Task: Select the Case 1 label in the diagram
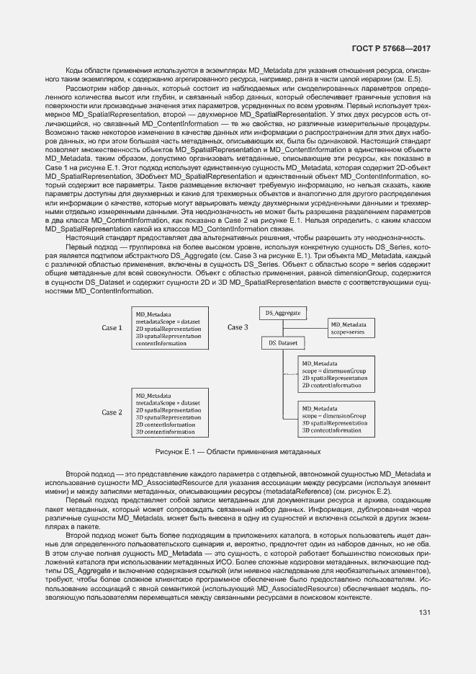point(112,328)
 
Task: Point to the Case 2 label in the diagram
point(112,412)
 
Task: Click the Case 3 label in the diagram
point(238,327)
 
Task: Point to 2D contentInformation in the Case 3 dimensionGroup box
point(331,386)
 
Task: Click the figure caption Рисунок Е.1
point(238,451)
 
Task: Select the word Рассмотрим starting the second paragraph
point(85,87)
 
